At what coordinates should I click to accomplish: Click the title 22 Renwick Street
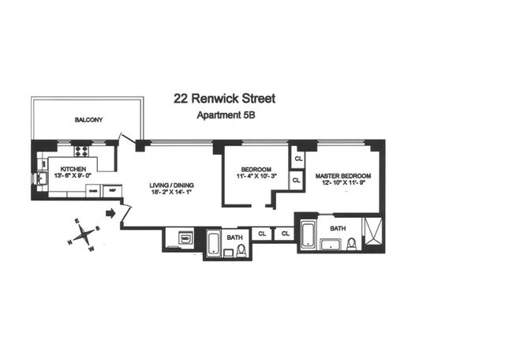coord(225,99)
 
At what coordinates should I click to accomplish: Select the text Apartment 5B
coord(225,115)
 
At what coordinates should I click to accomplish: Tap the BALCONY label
coord(89,120)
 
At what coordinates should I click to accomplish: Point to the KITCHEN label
coord(67,168)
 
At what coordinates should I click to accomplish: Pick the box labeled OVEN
coord(93,190)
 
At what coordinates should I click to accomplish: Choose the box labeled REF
coord(112,190)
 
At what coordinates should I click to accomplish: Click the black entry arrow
coord(111,212)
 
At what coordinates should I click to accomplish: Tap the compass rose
coord(83,236)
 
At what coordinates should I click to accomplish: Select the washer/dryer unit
coord(185,238)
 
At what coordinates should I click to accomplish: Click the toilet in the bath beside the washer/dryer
coord(241,251)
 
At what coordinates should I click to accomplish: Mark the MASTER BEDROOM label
coord(342,175)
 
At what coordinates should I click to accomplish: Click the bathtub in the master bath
coord(308,235)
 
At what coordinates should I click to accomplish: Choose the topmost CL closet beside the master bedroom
coord(298,159)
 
